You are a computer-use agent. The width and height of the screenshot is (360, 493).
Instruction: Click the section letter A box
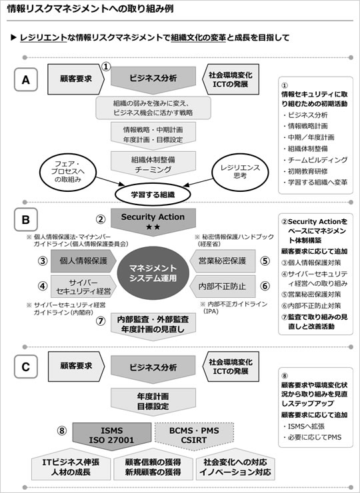[x=26, y=79]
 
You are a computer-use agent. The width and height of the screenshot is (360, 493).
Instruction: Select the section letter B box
[x=26, y=219]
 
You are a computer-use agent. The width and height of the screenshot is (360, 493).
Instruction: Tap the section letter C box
[x=26, y=366]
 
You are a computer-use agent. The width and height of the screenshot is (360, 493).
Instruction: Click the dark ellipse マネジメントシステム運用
[x=153, y=273]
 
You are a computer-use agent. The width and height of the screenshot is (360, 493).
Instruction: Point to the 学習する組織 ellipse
[x=153, y=195]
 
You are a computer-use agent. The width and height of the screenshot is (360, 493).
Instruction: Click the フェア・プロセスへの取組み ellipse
[x=67, y=172]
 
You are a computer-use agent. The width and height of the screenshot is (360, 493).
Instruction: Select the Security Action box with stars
[x=153, y=221]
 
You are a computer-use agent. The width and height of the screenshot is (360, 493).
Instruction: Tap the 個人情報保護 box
[x=83, y=260]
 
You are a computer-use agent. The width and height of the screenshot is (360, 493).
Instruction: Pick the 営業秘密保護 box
[x=223, y=260]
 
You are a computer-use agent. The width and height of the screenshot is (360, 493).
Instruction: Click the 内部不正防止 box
[x=223, y=286]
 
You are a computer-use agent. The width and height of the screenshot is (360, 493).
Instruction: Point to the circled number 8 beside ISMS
[x=62, y=430]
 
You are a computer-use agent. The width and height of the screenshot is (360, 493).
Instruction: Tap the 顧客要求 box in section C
[x=76, y=366]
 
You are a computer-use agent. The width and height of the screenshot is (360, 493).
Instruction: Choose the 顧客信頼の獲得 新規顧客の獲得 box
[x=153, y=466]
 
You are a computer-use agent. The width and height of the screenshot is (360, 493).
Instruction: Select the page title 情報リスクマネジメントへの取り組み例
[x=90, y=9]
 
